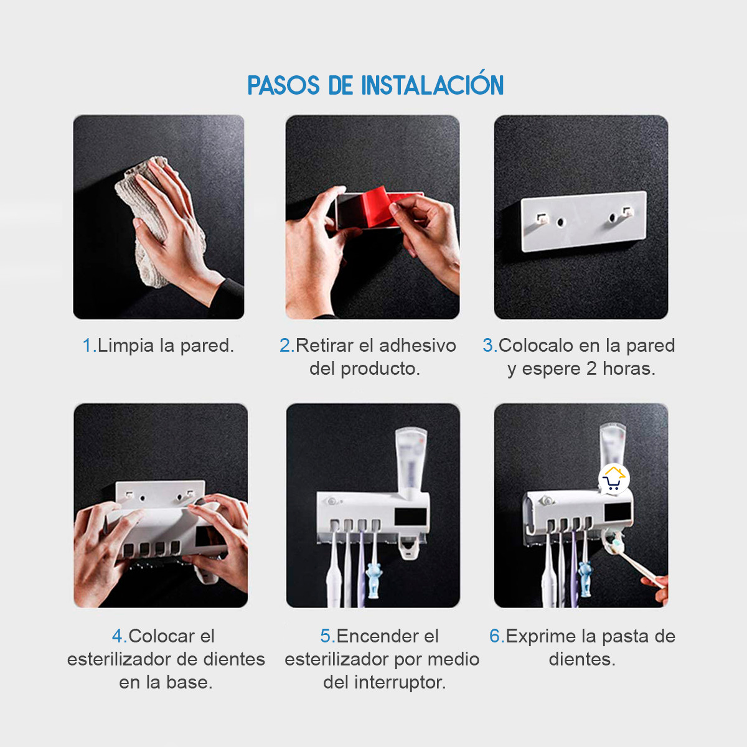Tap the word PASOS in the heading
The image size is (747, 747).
click(x=284, y=86)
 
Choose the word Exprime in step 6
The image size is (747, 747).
click(x=540, y=636)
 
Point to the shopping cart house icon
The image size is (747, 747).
click(x=614, y=479)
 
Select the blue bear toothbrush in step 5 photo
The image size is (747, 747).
click(x=374, y=579)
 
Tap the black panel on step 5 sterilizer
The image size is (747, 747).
click(x=410, y=517)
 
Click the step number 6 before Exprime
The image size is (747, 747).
click(x=496, y=636)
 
